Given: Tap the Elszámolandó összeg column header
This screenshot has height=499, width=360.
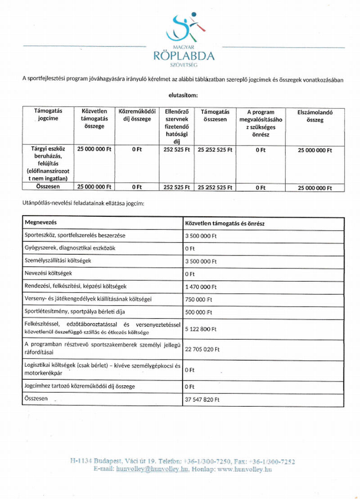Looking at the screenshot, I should coord(315,116).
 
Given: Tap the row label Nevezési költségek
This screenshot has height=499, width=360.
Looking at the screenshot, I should coord(48,273).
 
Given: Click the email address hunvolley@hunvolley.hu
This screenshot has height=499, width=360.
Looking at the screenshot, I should coord(152,469).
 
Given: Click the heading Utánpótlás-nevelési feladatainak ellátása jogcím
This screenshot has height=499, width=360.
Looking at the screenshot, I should coord(83,204).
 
